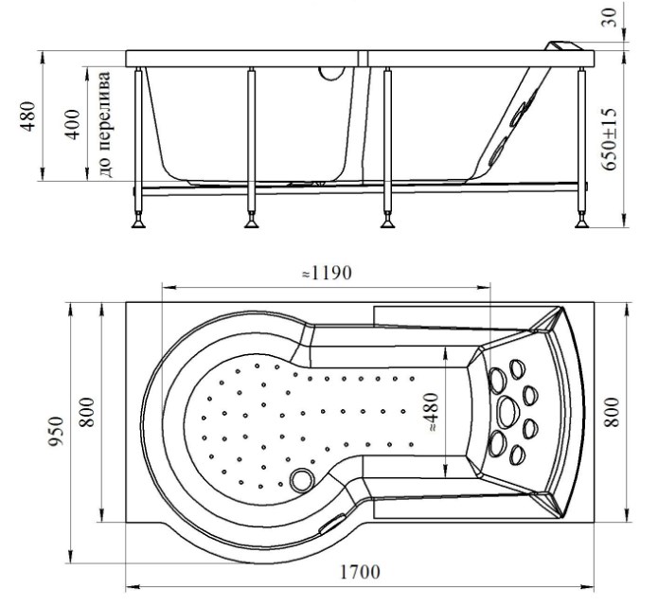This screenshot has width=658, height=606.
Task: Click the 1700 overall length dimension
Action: pos(359,572)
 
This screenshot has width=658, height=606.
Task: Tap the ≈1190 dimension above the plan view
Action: pos(327,274)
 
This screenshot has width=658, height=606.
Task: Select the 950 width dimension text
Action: pos(56,432)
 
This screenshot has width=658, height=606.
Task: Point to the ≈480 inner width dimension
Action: pos(431,413)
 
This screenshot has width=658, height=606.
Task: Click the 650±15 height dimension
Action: pos(610,139)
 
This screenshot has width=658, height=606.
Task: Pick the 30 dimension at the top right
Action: pos(611,18)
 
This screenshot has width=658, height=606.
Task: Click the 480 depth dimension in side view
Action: pos(28,116)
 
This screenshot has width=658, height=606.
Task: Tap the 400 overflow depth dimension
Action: pos(73,124)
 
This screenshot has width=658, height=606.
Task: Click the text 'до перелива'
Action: pos(105,124)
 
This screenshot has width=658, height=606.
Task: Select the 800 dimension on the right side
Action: pos(611,412)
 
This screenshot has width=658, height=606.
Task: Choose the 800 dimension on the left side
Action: pos(87,412)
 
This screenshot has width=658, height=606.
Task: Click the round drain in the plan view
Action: pos(302,480)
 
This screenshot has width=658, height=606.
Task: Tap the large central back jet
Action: pos(508,412)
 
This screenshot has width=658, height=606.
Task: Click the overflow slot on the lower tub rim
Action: pos(332,524)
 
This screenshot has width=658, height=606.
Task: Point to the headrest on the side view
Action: pos(563,46)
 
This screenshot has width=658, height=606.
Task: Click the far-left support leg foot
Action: pos(138,223)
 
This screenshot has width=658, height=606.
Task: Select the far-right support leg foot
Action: pos(581,223)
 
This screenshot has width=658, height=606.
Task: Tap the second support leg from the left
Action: pos(252,147)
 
